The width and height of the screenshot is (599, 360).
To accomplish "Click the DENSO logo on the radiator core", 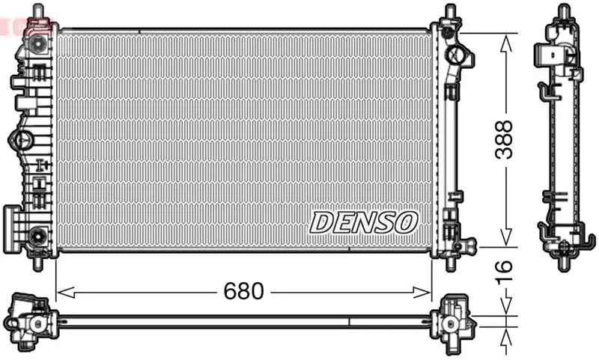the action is pos(363,222).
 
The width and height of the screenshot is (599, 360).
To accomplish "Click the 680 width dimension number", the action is pos(244,291).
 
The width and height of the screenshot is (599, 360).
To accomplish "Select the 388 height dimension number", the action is pos(504,139).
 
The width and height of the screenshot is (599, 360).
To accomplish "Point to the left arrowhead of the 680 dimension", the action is pos(65,293).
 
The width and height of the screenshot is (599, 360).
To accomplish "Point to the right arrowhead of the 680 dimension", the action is pos(422,293).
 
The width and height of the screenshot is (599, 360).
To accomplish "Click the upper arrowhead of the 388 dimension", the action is pos(506,43).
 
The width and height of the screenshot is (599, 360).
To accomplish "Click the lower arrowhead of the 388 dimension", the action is pos(506,237).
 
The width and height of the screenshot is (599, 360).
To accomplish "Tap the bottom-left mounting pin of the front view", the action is pos(38,263).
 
